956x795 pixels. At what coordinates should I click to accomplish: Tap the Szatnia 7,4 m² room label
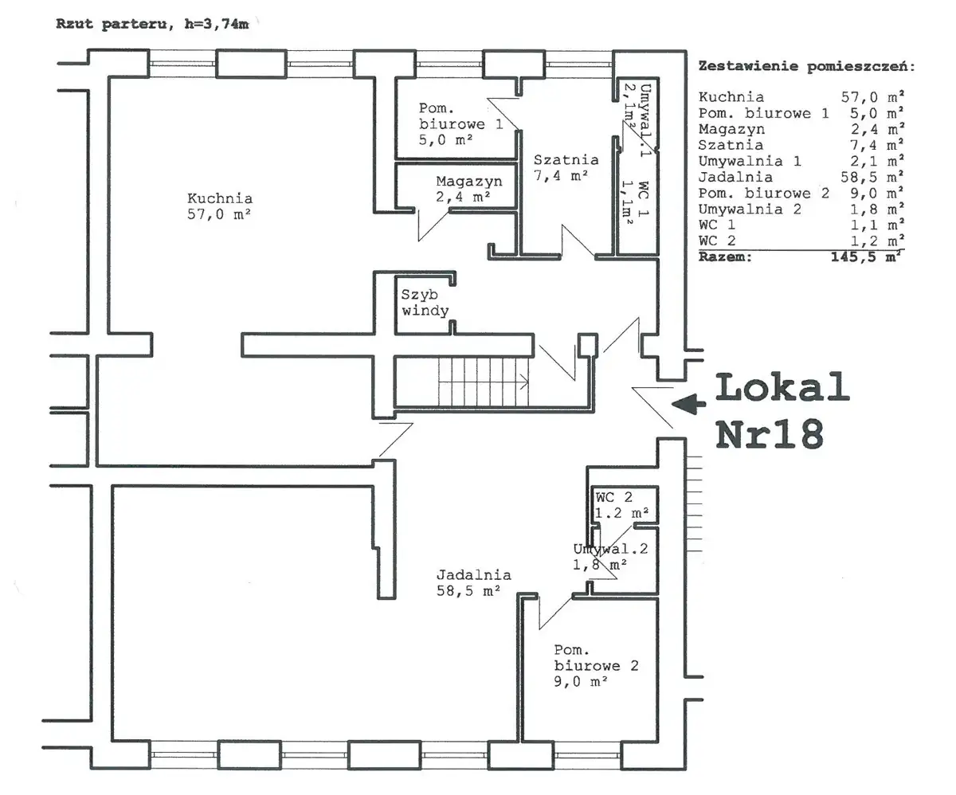click(x=566, y=167)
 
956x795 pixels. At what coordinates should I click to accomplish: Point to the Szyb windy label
click(x=425, y=303)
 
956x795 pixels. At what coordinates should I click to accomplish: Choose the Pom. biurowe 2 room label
click(x=596, y=666)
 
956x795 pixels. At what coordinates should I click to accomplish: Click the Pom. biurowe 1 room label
click(x=460, y=123)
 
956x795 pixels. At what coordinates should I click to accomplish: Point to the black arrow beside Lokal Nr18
click(x=688, y=404)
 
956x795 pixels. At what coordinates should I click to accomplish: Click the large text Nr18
click(x=770, y=434)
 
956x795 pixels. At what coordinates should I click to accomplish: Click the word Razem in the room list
click(x=725, y=257)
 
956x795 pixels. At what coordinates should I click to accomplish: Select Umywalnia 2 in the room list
click(x=750, y=209)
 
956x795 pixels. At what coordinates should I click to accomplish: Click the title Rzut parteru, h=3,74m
click(x=152, y=24)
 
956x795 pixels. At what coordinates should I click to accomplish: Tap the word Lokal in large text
click(x=782, y=387)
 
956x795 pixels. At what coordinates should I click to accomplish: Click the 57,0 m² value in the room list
click(x=872, y=97)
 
